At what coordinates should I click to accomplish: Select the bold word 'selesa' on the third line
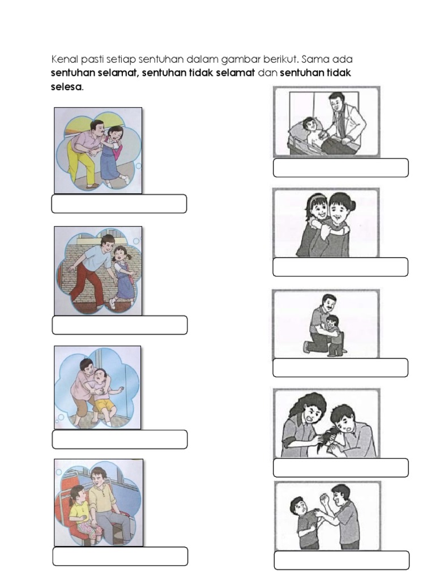click(66, 87)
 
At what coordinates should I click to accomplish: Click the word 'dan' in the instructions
click(267, 73)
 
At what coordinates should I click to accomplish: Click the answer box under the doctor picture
click(340, 168)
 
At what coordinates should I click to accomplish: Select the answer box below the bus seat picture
click(120, 556)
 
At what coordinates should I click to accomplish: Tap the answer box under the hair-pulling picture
click(340, 467)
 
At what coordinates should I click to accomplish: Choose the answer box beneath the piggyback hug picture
click(340, 267)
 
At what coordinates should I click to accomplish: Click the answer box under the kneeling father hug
click(340, 368)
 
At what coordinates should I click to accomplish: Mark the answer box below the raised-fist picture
click(342, 560)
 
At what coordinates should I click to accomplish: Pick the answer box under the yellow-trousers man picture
click(119, 204)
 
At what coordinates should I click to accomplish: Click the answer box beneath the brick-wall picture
click(120, 325)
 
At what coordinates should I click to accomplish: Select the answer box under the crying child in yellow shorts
click(120, 440)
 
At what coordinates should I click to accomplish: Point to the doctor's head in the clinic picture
click(336, 101)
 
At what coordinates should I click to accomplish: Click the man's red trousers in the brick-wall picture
click(87, 283)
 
